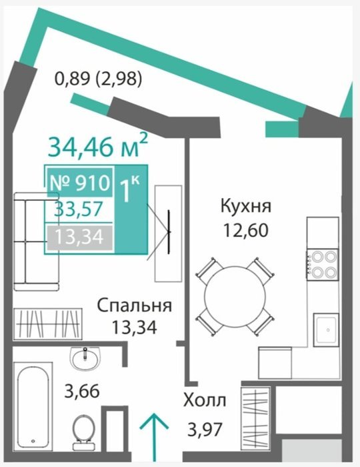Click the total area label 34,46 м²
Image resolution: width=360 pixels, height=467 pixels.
click(x=97, y=145)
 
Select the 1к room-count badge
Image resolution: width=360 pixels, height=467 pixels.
click(x=130, y=189)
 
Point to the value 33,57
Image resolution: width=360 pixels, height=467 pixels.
click(x=79, y=209)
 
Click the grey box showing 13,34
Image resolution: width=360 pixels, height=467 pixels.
click(x=79, y=238)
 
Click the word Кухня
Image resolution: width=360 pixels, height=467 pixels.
click(x=246, y=206)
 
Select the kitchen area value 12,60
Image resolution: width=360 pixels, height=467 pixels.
click(x=246, y=230)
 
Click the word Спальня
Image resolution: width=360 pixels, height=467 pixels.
click(x=135, y=306)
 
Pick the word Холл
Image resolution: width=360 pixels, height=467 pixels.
click(x=205, y=400)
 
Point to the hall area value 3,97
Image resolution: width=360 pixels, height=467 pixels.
click(x=205, y=429)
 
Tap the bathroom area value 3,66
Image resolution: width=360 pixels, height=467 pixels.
click(x=82, y=390)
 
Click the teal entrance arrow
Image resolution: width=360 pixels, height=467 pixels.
click(x=155, y=437)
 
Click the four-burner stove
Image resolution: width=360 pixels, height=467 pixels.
click(x=323, y=264)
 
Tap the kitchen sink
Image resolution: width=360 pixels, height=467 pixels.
click(x=326, y=330)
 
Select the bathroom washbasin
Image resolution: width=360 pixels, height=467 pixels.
click(x=85, y=359)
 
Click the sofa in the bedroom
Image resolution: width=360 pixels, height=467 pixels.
click(x=36, y=242)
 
